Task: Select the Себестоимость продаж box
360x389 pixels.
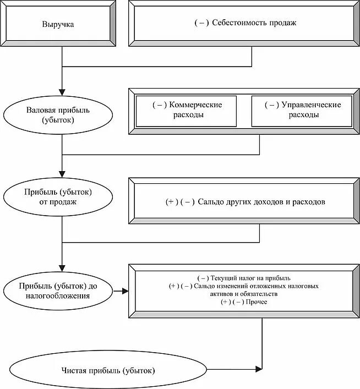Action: [x=245, y=23]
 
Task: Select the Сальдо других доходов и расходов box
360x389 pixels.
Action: [x=245, y=202]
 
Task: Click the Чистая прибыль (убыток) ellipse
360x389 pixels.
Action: [x=108, y=369]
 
